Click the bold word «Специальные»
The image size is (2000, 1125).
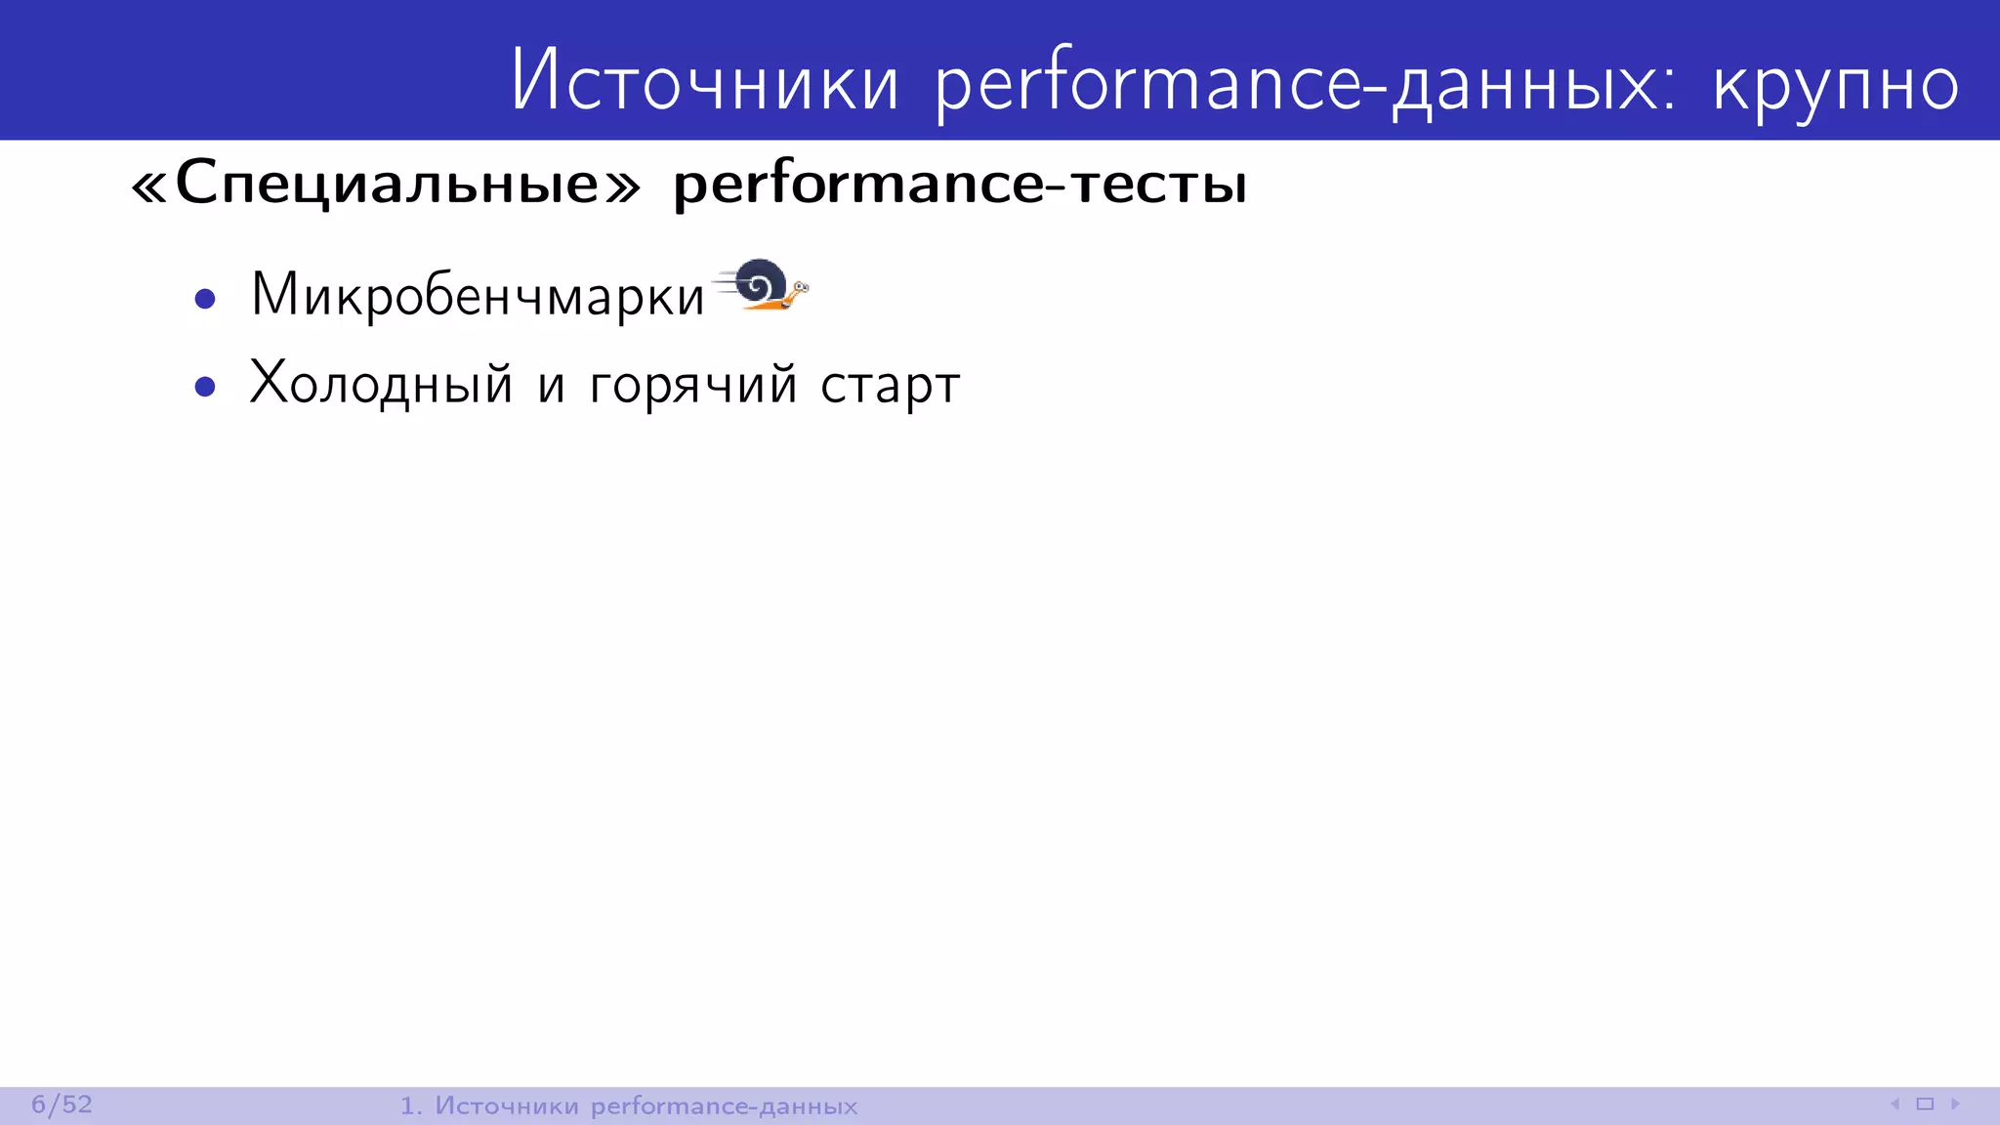click(386, 183)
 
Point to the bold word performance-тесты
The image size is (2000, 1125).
click(960, 184)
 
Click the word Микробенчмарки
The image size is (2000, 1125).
click(477, 295)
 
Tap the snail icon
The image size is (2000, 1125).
click(763, 286)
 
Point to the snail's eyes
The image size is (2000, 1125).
click(801, 286)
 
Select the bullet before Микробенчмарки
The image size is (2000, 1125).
click(205, 299)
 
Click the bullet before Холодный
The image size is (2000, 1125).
click(205, 388)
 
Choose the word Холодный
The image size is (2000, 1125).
click(381, 384)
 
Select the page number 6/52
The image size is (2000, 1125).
click(62, 1104)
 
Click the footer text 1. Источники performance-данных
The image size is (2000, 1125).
click(628, 1105)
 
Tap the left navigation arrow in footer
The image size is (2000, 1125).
click(1895, 1104)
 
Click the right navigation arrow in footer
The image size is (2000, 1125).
click(1955, 1104)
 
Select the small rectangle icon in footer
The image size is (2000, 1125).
click(1925, 1104)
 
